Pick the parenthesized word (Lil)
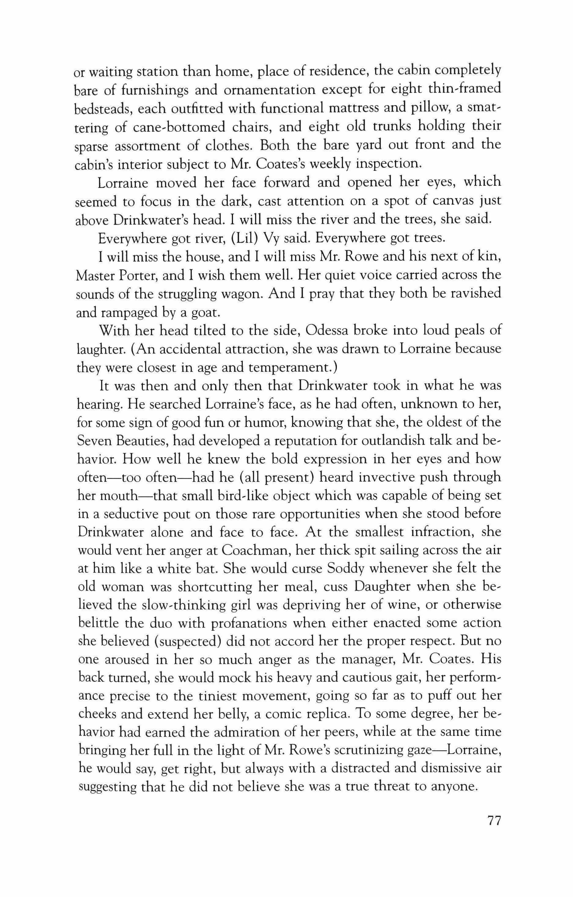pyautogui.click(x=244, y=238)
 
